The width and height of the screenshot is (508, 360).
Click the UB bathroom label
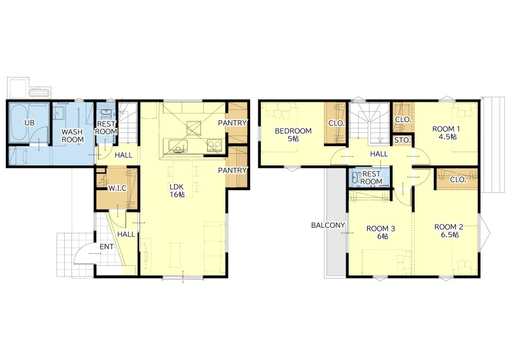click(x=29, y=123)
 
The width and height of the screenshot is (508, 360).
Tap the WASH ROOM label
click(x=72, y=135)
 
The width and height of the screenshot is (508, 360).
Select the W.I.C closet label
click(x=117, y=188)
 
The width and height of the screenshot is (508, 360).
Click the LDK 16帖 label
click(x=177, y=191)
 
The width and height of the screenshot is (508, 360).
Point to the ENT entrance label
click(x=107, y=247)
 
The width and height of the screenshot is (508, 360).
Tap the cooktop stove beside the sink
click(x=215, y=145)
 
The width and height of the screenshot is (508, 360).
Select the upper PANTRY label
click(x=232, y=123)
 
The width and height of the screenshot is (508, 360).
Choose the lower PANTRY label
click(x=232, y=170)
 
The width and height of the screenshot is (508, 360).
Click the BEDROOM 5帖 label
click(x=293, y=135)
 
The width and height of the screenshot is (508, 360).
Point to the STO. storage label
click(x=403, y=141)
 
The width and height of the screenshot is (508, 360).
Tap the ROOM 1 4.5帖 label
click(x=446, y=133)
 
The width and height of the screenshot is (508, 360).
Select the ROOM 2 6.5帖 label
click(x=449, y=231)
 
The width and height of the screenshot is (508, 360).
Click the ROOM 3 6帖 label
click(x=381, y=232)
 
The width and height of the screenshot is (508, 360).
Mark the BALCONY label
click(x=328, y=225)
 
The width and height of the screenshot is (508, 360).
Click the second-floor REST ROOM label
click(x=371, y=177)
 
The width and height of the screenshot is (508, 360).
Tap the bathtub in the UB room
click(x=20, y=122)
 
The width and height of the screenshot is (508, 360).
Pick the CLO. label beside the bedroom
click(x=337, y=123)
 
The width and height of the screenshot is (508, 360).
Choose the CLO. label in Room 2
click(x=458, y=179)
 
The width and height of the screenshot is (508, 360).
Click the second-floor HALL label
click(x=379, y=154)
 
